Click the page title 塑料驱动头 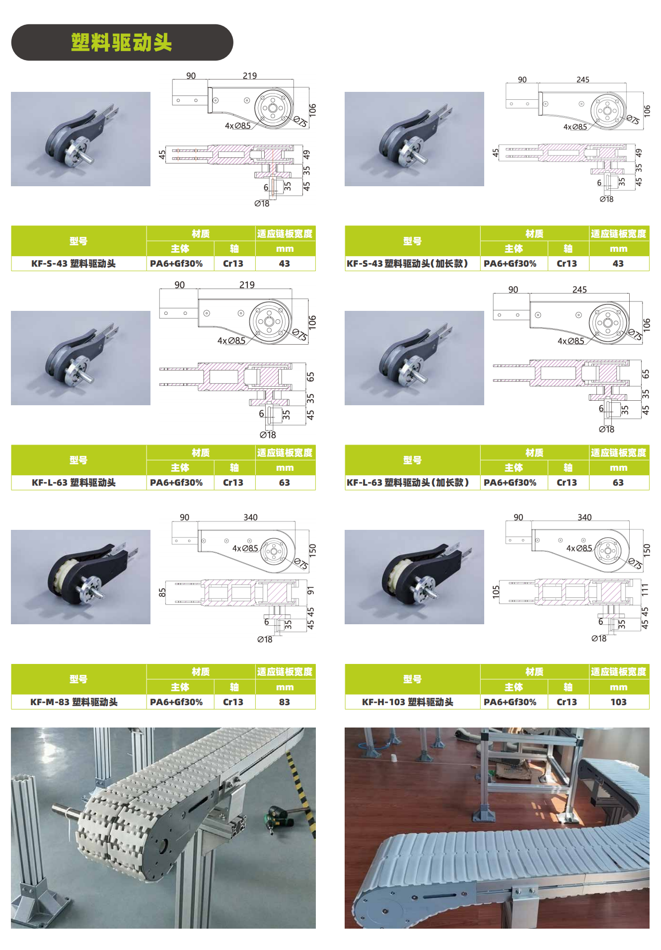pos(122,43)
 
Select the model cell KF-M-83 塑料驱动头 pos(74,702)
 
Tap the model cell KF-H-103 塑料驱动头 pos(408,702)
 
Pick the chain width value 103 pos(618,702)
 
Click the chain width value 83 pos(284,702)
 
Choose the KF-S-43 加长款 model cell pos(407,263)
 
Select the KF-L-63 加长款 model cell pos(408,482)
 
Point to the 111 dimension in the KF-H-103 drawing pos(645,589)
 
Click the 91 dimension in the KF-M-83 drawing pos(310,590)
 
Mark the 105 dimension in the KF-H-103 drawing pos(496,591)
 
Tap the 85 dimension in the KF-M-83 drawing pos(162,592)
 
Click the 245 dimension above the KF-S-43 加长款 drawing pos(583,79)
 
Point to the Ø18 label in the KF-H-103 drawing pos(599,638)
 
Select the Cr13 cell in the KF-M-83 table pos(233,702)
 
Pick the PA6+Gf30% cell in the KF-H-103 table pos(510,702)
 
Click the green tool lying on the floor pos(276,814)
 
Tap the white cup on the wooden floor pos(394,759)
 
